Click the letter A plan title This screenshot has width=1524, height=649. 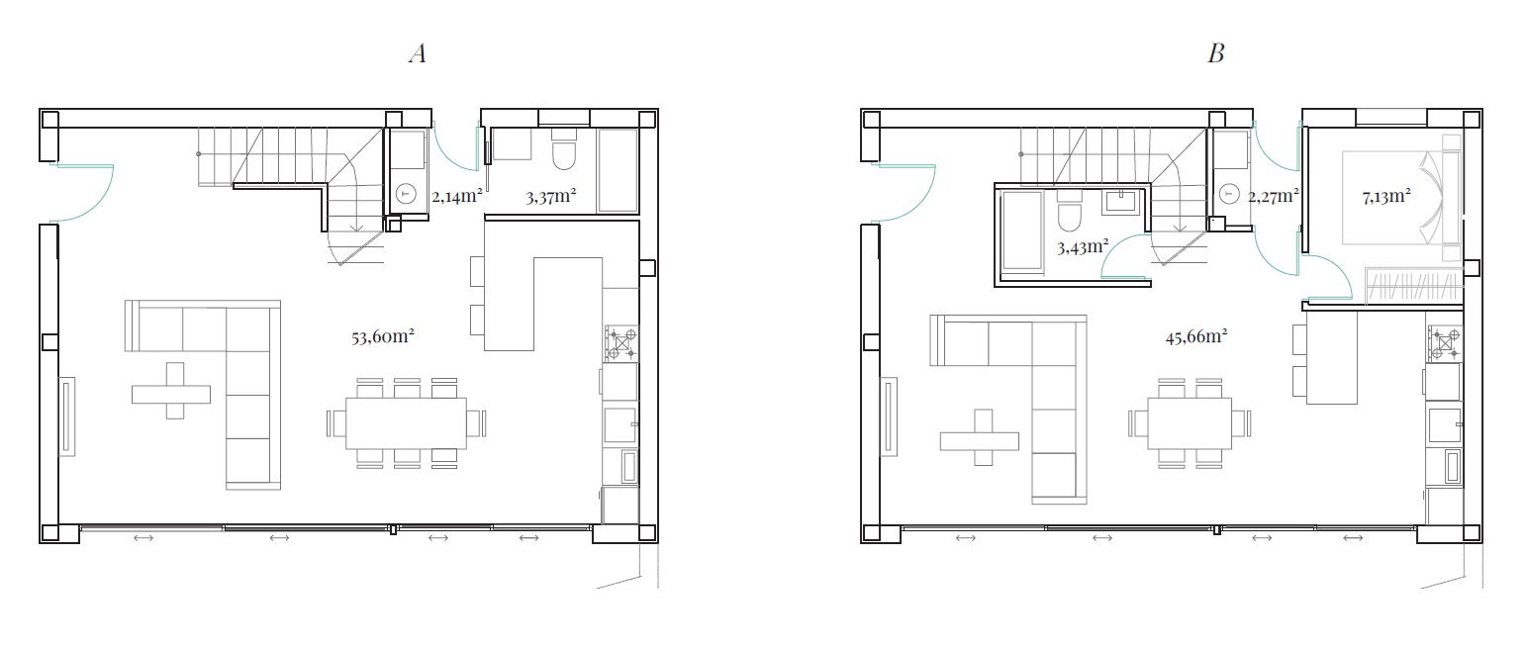(x=418, y=53)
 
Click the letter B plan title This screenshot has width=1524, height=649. (x=1216, y=53)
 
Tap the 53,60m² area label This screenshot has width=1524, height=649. (x=382, y=336)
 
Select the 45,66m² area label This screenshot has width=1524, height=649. (x=1196, y=336)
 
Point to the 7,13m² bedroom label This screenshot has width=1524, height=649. (x=1385, y=197)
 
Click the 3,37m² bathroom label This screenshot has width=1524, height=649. (x=550, y=197)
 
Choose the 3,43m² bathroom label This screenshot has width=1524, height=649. (x=1083, y=246)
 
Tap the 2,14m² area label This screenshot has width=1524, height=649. (x=457, y=197)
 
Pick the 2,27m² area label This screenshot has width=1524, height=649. (x=1274, y=197)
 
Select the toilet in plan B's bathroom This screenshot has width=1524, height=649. (x=1070, y=213)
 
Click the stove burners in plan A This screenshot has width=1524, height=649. (x=621, y=343)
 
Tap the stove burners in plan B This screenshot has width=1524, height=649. (x=1445, y=343)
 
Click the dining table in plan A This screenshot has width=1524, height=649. (x=406, y=423)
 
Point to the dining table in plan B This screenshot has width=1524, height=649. (x=1190, y=423)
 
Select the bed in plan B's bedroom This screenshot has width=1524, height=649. (x=1401, y=197)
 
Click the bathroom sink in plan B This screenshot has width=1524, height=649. (x=1120, y=202)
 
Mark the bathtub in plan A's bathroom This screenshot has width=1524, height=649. (x=618, y=171)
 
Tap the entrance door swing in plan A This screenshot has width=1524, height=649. (x=81, y=194)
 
